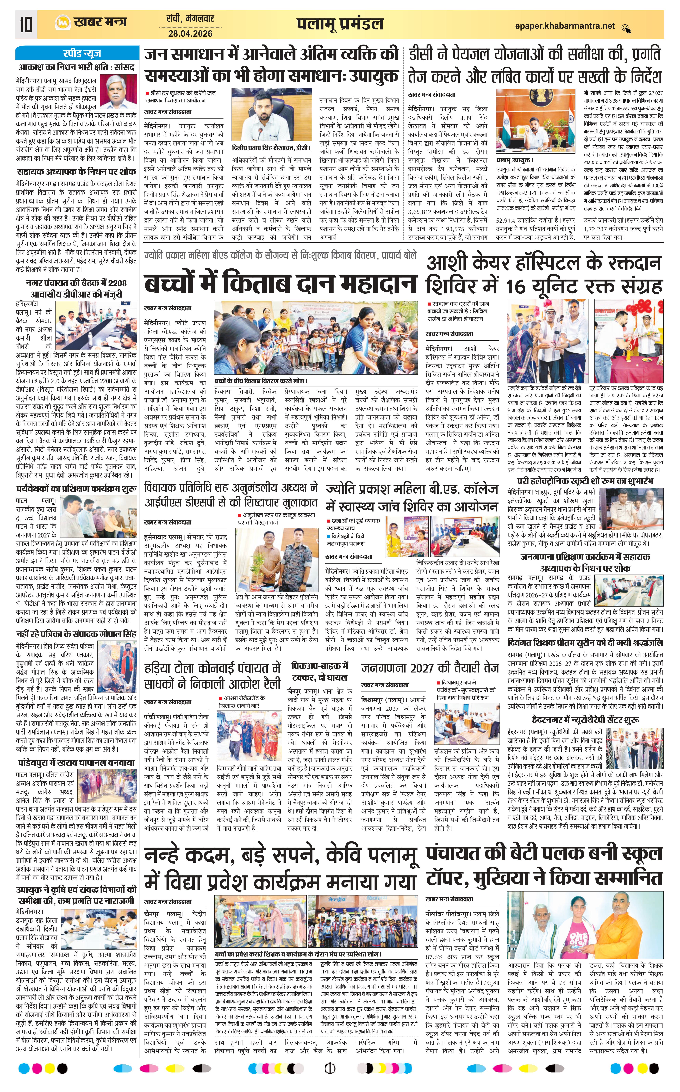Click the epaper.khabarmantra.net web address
click(564, 26)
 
